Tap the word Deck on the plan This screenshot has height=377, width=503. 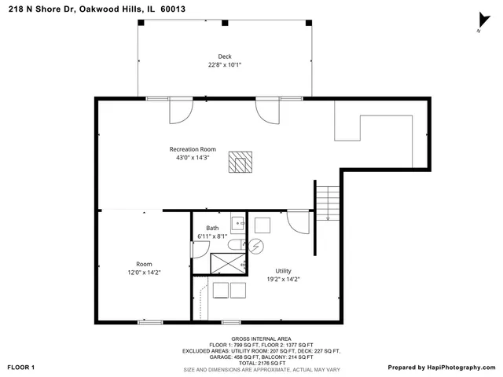click(225, 57)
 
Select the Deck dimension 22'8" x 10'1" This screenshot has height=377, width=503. click(225, 65)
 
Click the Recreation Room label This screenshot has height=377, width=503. click(193, 149)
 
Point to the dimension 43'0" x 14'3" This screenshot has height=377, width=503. click(193, 158)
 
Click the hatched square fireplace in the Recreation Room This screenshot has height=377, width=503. click(239, 161)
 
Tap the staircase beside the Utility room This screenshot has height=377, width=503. click(328, 202)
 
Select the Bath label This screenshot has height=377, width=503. click(212, 228)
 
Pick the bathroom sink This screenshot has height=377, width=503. click(238, 221)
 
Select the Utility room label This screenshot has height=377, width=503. click(283, 269)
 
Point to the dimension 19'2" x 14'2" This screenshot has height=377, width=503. click(283, 278)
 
